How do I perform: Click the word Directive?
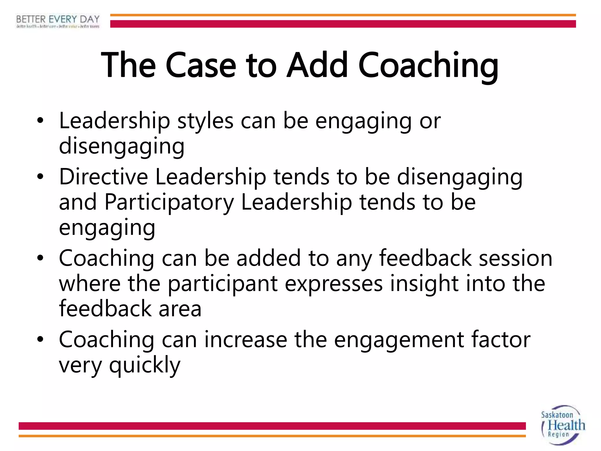103,177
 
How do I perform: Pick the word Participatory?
169,203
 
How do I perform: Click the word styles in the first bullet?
205,121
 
